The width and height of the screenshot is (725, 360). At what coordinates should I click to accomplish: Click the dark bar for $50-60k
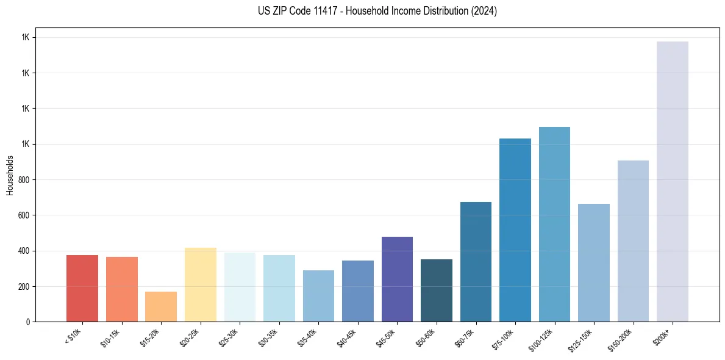point(437,290)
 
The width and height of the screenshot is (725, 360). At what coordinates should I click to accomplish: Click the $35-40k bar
point(318,296)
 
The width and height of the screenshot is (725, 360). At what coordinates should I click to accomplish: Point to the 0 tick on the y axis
point(28,322)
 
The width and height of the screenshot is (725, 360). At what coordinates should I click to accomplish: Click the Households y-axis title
point(10,175)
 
